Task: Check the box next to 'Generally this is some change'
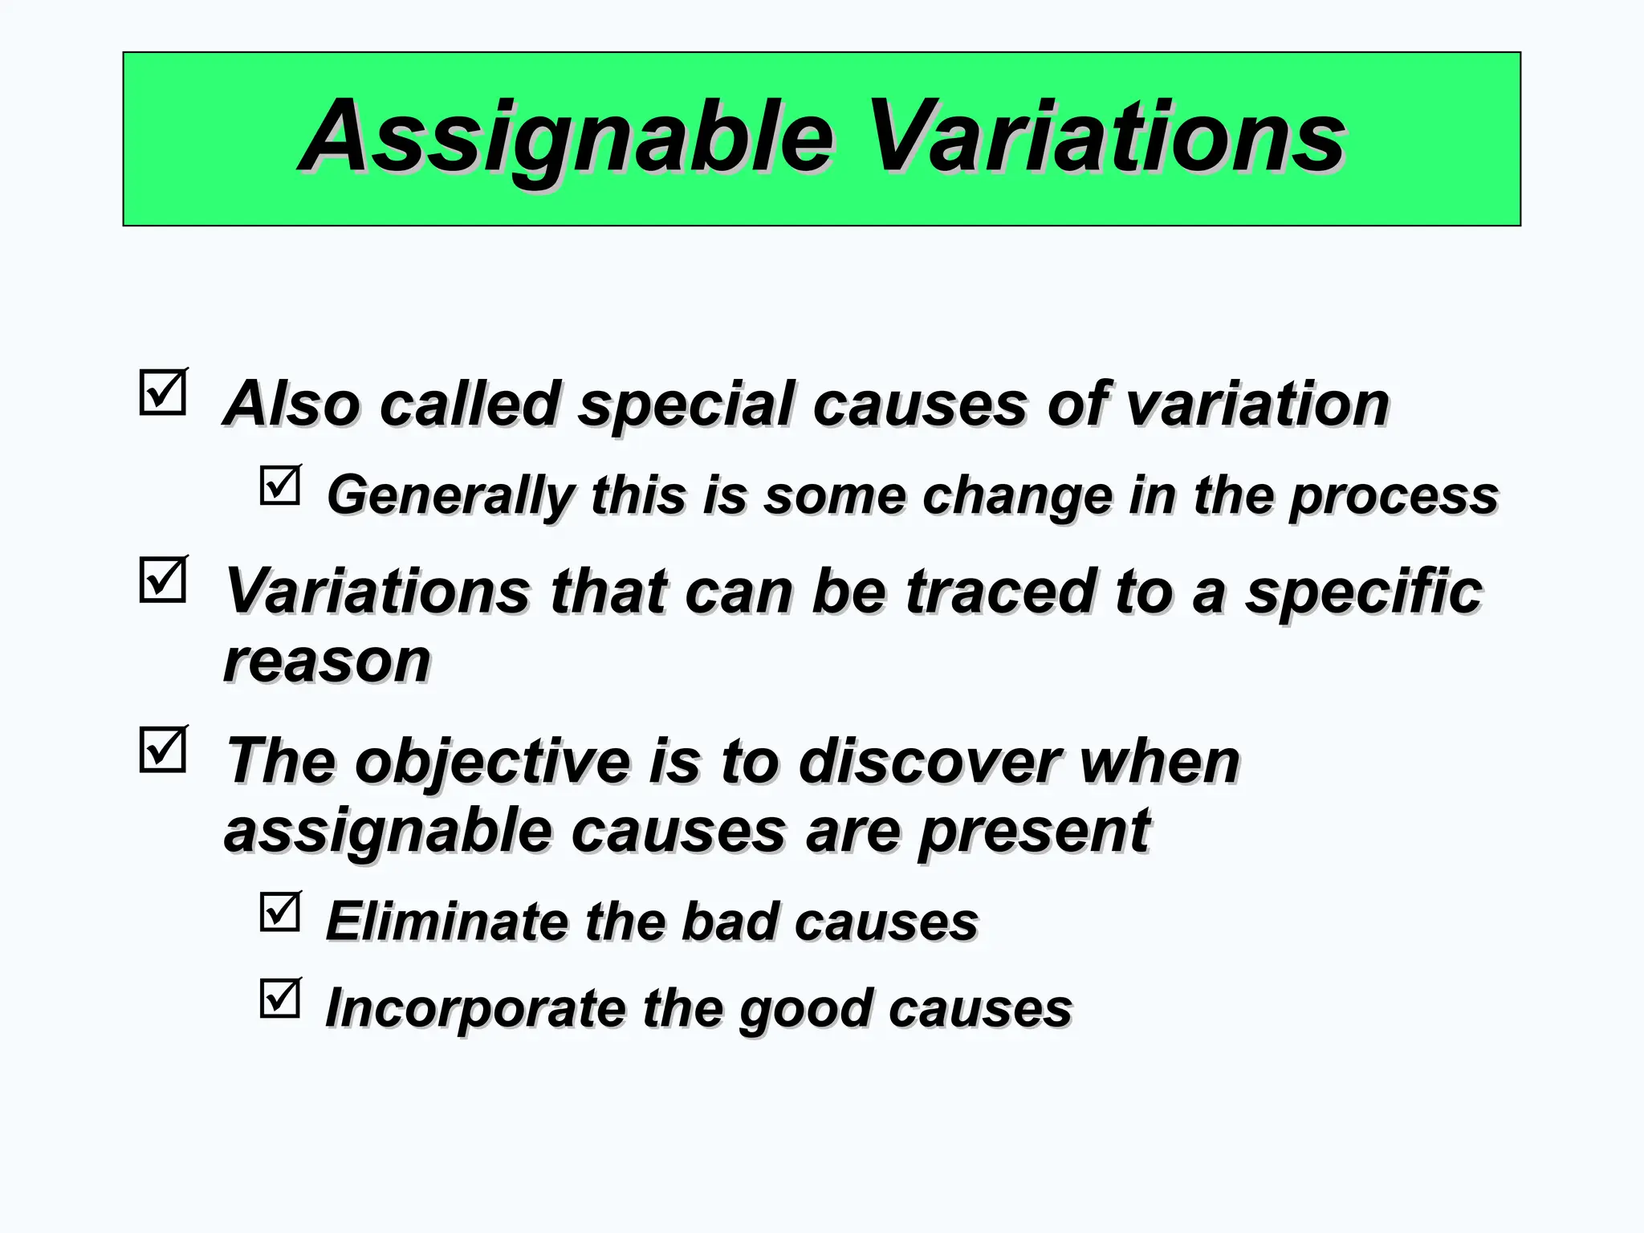click(x=280, y=486)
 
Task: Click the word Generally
click(x=450, y=496)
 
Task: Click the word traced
click(x=999, y=592)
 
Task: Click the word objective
click(x=492, y=762)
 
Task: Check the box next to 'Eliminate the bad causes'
click(x=280, y=912)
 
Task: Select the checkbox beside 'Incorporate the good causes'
click(x=280, y=999)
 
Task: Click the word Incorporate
click(x=474, y=1008)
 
